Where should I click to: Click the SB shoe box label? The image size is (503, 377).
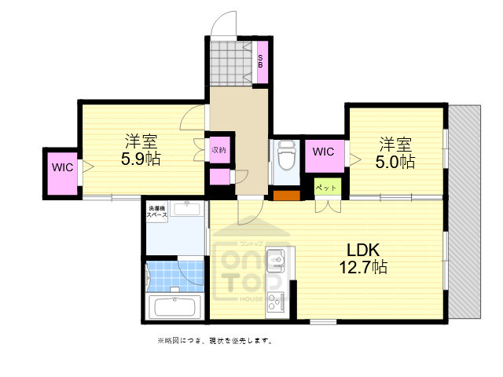click(x=262, y=60)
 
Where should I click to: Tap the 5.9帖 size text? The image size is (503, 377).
click(x=141, y=159)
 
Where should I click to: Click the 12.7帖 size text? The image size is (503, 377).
click(x=362, y=267)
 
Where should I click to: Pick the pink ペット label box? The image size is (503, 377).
click(x=327, y=188)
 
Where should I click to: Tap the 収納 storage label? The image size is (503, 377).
click(x=218, y=149)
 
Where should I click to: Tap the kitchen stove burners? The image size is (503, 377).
click(x=277, y=301)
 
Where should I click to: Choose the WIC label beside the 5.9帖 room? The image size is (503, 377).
click(x=62, y=167)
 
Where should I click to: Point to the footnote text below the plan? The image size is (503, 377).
click(x=215, y=341)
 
